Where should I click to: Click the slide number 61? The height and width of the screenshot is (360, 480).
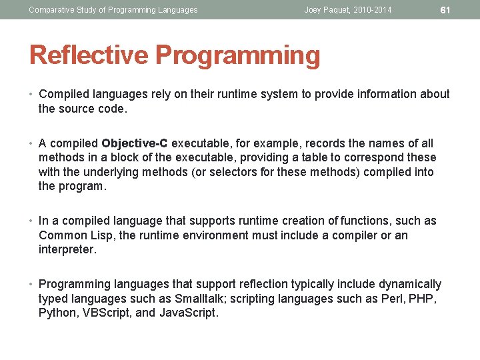click(x=445, y=9)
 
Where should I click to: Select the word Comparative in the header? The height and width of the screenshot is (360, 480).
click(x=51, y=9)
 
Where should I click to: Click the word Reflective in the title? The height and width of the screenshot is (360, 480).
click(x=88, y=55)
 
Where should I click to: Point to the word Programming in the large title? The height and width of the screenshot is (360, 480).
click(x=237, y=55)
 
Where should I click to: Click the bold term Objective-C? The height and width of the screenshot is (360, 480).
click(x=136, y=143)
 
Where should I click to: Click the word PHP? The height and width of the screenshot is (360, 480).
click(x=424, y=299)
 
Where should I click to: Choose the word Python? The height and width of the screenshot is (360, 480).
click(x=57, y=313)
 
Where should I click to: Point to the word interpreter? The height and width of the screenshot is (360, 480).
click(x=67, y=250)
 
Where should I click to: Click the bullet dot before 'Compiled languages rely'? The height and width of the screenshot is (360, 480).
click(x=32, y=95)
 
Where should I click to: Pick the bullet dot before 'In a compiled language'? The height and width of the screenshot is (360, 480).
click(x=32, y=221)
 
